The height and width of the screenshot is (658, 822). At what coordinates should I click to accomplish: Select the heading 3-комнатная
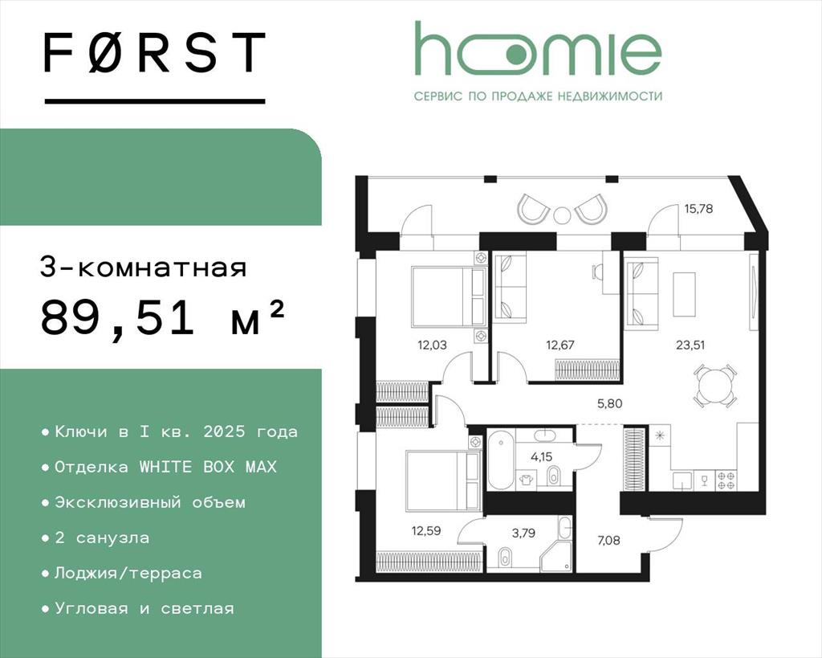click(x=143, y=268)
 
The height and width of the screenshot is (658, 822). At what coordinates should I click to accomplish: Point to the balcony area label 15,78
click(x=698, y=209)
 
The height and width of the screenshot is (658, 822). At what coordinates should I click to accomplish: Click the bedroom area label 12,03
click(x=432, y=345)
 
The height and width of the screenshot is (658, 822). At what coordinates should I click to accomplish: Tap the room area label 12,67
click(x=560, y=345)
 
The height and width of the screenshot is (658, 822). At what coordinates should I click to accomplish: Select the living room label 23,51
click(x=690, y=345)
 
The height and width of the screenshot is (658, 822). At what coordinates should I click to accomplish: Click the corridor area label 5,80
click(x=610, y=403)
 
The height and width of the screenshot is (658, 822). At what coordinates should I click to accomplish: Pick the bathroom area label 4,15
click(x=542, y=457)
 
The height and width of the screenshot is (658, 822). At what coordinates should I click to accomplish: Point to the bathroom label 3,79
click(x=523, y=533)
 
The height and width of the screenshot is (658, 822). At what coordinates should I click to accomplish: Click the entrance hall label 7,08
click(x=608, y=539)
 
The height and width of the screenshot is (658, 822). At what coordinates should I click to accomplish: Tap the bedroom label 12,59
click(x=425, y=530)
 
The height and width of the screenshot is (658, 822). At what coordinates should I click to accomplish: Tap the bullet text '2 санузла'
click(x=96, y=537)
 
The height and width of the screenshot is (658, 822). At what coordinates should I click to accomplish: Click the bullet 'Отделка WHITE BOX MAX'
click(x=159, y=467)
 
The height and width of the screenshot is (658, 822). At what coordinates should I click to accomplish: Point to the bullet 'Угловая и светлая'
click(x=138, y=609)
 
